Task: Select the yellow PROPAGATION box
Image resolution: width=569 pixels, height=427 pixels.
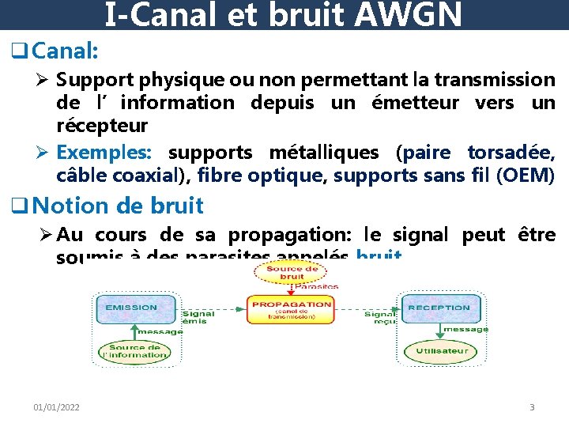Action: [292, 309]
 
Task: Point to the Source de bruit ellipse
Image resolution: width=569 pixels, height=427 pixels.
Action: [291, 272]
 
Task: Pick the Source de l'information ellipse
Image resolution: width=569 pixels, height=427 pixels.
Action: [134, 351]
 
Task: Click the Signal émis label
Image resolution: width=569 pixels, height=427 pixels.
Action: [193, 318]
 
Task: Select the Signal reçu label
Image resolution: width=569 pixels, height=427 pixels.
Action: [380, 318]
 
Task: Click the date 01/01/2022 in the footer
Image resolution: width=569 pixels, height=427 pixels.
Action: [56, 407]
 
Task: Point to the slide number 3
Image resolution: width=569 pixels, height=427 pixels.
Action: [532, 407]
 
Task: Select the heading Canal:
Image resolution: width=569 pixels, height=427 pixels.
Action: [66, 51]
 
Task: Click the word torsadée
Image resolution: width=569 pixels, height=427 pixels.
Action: [511, 153]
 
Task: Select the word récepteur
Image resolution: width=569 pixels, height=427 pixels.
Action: [102, 126]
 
